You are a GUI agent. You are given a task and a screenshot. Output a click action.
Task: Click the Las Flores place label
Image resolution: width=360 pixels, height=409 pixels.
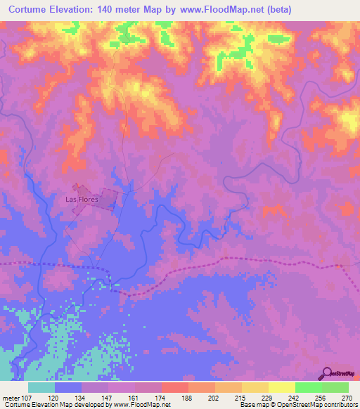81,200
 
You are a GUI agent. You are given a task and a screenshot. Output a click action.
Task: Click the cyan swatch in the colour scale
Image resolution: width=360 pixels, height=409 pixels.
41,387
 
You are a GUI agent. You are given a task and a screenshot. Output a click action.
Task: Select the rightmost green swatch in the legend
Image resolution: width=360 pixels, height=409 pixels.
335,387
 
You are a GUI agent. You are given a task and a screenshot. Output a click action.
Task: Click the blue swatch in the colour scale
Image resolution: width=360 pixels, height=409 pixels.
67,387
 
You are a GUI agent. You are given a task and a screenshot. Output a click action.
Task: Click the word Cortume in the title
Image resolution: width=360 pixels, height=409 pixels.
32,10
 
